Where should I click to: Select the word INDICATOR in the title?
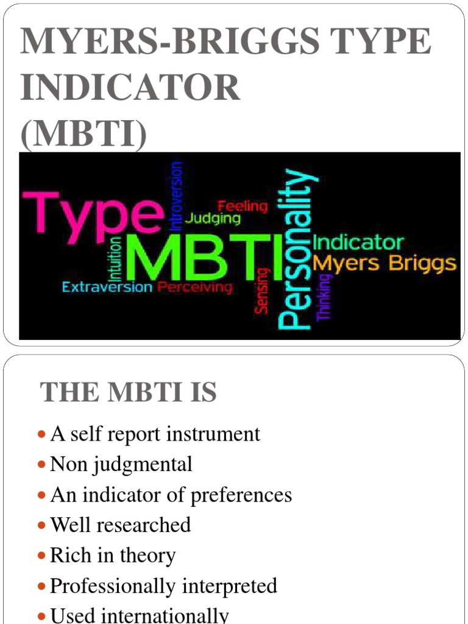point(130,88)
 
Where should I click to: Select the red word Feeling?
point(243,206)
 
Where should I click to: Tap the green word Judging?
point(213,218)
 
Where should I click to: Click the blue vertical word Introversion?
point(176,195)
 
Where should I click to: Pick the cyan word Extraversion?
point(107,287)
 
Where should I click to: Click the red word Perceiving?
point(195,287)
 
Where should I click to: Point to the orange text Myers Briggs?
point(383,264)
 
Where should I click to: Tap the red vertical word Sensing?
point(262,291)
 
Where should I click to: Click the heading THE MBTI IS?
point(128,392)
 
